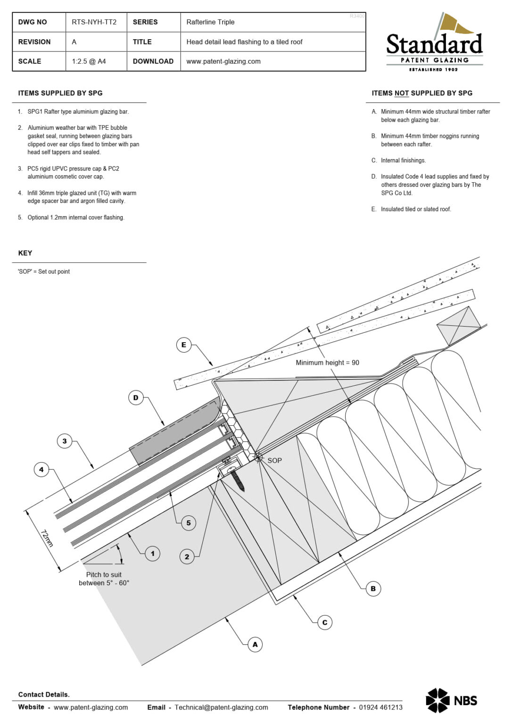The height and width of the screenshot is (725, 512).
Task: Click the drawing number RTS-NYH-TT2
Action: click(94, 22)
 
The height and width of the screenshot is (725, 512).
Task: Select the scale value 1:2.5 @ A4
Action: click(89, 61)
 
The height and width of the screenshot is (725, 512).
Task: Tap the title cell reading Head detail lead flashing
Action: click(244, 42)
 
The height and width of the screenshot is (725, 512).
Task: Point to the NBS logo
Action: click(451, 700)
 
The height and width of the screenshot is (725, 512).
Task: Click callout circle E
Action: click(184, 345)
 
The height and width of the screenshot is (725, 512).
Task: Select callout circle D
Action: click(136, 398)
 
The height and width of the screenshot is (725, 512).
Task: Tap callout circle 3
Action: click(65, 441)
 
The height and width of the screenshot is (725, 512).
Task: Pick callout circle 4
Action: click(41, 470)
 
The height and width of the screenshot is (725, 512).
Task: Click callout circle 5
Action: click(189, 523)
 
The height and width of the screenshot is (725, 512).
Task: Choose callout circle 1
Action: click(152, 554)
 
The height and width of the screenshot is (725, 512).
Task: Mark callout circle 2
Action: click(187, 557)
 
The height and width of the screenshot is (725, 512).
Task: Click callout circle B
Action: click(373, 589)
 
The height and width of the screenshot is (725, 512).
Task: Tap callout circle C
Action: click(324, 623)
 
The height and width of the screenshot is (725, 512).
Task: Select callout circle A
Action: click(255, 645)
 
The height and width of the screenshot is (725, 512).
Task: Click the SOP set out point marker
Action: click(258, 457)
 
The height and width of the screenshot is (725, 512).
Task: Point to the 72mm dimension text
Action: click(47, 539)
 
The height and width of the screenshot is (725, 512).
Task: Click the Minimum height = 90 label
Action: click(327, 362)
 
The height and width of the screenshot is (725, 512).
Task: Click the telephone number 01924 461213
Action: click(380, 707)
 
